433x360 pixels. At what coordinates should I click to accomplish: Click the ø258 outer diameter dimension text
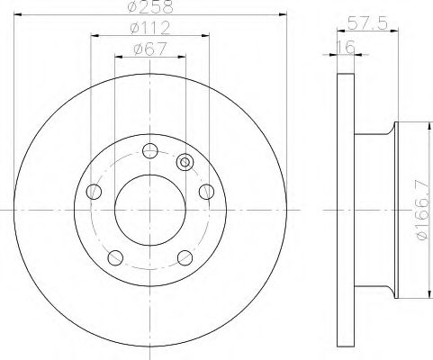150,8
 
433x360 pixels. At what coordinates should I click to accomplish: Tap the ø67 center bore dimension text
150,49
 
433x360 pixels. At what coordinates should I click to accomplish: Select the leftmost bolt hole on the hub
93,191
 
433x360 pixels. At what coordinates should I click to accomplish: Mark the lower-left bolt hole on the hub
114,257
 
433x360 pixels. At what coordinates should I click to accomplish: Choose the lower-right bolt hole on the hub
185,257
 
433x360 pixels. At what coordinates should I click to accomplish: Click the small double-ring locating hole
185,163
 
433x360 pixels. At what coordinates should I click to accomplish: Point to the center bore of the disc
149,210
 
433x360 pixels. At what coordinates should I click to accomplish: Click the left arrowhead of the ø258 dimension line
20,17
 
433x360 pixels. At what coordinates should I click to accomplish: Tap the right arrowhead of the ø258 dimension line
280,17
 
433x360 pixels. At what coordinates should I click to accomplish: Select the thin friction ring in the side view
343,210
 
